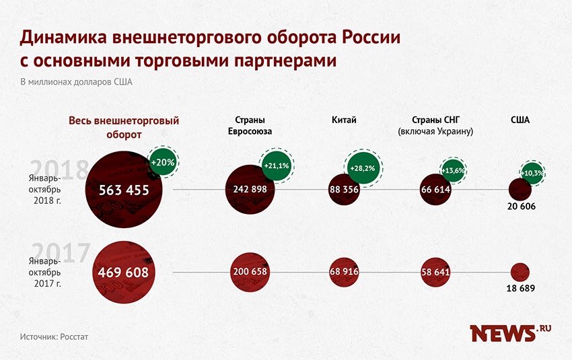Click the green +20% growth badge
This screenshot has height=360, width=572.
point(163,162)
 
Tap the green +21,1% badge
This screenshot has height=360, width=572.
point(277,166)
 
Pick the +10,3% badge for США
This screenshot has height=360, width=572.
point(534,173)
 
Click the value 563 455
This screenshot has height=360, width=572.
point(124,190)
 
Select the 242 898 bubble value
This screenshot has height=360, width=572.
point(250,190)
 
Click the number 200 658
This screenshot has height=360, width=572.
point(250,272)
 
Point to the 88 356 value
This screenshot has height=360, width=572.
point(344,190)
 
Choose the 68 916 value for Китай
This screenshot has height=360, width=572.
point(344,272)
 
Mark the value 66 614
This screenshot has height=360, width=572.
point(435,190)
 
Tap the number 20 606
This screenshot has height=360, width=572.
point(521,207)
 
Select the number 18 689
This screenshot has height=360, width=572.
point(520,289)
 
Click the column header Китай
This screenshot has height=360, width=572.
point(344,120)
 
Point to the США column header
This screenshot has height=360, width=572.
point(520,120)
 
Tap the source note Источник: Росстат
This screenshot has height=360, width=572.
point(55,336)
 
